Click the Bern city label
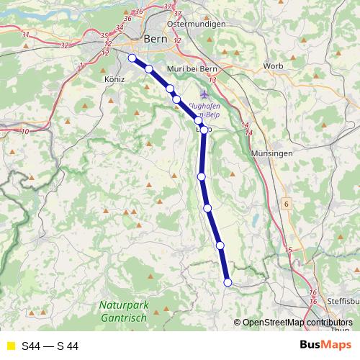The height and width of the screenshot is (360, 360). (x=156, y=40)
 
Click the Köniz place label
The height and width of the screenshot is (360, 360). (x=114, y=78)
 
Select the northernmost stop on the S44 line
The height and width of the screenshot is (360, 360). (x=132, y=58)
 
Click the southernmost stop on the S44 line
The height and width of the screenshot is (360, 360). (x=228, y=283)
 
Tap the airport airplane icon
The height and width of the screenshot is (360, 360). (x=204, y=94)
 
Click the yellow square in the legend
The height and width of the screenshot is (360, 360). (x=9, y=346)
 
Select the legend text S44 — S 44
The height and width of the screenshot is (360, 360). (x=50, y=346)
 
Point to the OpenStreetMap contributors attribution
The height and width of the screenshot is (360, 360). (x=297, y=323)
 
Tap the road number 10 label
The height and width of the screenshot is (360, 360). (x=25, y=131)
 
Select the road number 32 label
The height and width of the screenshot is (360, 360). (x=65, y=45)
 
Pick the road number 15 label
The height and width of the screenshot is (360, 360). (x=289, y=250)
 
